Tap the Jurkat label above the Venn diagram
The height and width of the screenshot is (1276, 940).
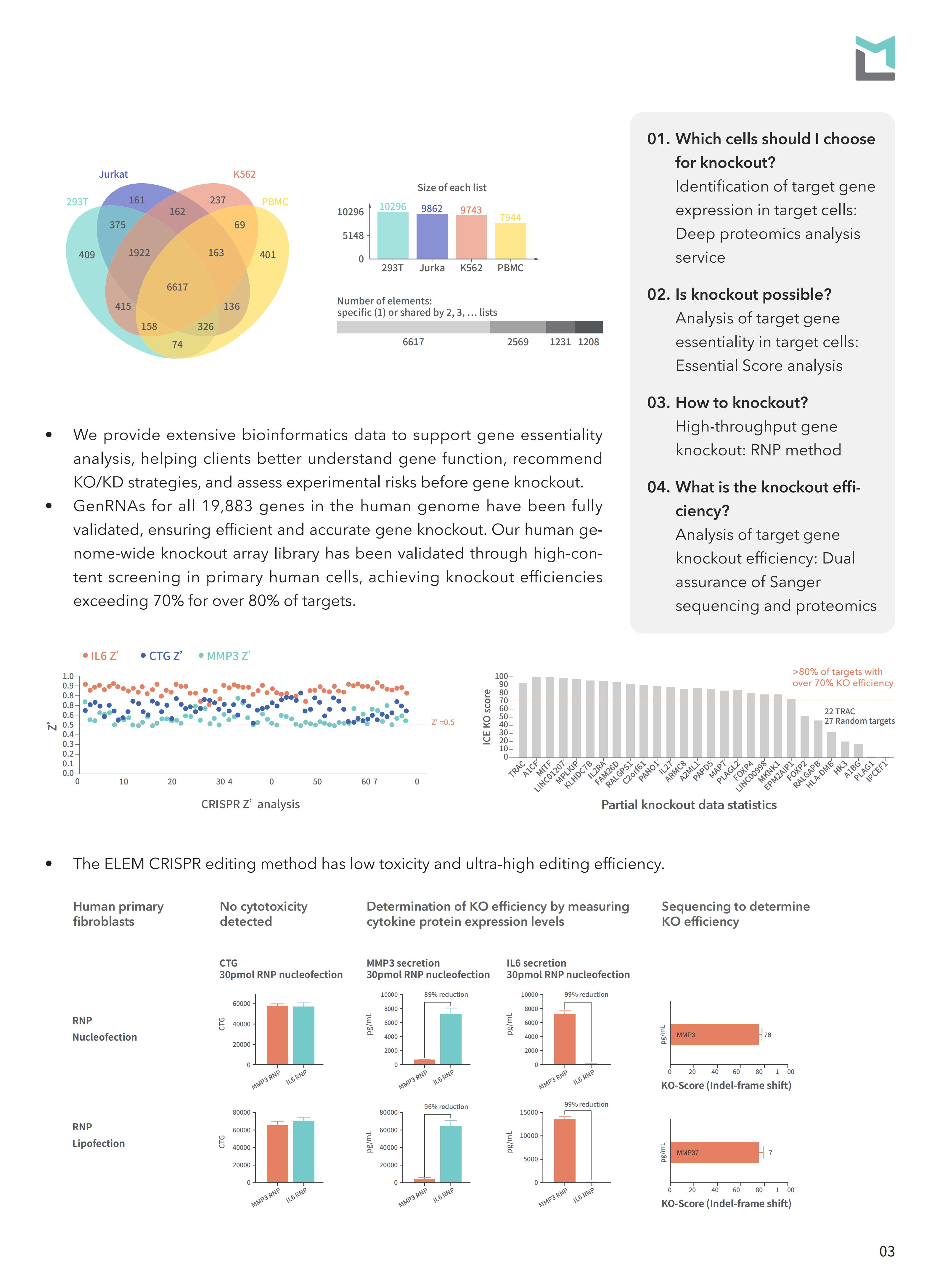113,174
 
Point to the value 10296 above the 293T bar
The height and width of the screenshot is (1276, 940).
393,207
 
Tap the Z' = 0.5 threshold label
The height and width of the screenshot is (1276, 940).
443,722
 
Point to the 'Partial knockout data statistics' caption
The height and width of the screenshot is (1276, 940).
689,805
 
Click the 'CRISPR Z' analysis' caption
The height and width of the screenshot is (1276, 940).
250,804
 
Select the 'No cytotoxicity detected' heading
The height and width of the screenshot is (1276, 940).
263,914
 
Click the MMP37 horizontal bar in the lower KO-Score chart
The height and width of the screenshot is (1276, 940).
714,1153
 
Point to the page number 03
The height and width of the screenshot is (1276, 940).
886,1251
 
